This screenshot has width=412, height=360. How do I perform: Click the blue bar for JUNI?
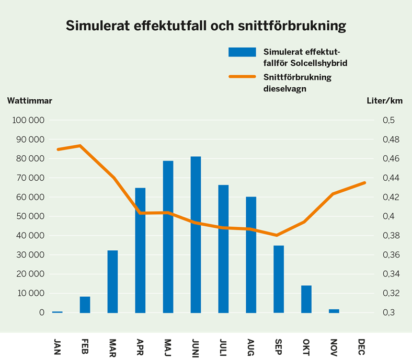(196, 235)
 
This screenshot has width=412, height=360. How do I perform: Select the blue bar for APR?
(140, 250)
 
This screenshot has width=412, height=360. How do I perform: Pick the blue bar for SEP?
(279, 279)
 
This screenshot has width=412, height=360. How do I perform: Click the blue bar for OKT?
(306, 299)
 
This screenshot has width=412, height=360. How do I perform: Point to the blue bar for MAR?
(112, 282)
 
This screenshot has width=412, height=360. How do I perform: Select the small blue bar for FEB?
(85, 305)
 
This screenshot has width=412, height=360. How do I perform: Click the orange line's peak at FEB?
(80, 145)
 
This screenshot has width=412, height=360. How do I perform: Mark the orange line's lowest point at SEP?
(277, 235)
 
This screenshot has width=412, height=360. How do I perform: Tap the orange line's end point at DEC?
(364, 182)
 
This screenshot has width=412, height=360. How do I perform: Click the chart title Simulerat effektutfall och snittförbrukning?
(205, 26)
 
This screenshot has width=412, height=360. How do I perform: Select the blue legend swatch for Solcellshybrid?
(242, 52)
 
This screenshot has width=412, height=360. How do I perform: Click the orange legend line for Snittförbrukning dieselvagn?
(242, 77)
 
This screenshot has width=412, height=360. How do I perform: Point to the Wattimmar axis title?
(30, 101)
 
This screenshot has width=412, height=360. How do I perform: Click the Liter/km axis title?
(385, 101)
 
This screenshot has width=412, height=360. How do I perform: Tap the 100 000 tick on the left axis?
(28, 120)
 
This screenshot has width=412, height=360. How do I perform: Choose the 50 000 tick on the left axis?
(30, 216)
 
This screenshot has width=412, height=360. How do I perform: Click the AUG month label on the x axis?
(251, 346)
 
